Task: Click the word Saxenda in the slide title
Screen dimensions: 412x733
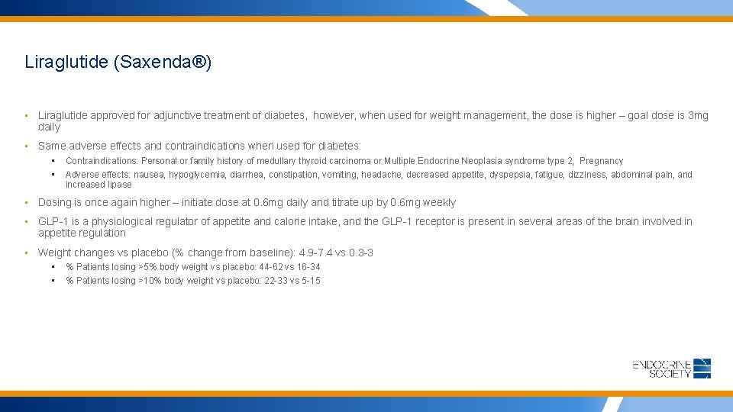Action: point(156,62)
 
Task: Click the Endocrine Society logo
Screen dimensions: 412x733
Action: point(672,368)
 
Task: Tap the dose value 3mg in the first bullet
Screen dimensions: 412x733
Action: point(698,116)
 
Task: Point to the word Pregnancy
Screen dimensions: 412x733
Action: point(602,161)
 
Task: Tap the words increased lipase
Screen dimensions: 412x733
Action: point(98,185)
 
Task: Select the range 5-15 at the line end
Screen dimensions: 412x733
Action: point(312,281)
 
